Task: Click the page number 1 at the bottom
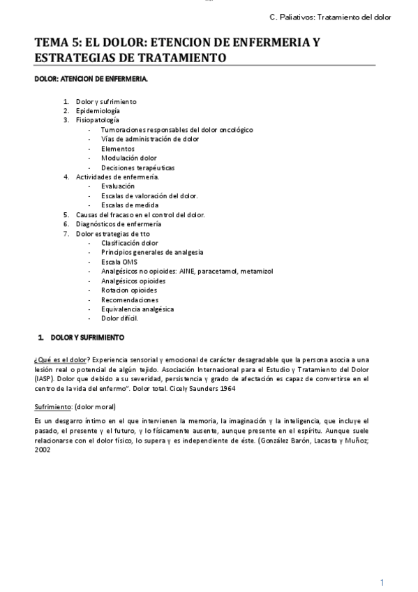coord(382,582)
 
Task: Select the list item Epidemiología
coord(98,111)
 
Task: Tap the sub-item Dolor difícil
coord(119,318)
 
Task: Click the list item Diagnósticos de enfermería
coord(119,224)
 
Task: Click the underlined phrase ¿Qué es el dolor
coord(61,358)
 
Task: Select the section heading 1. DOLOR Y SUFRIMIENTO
coord(82,338)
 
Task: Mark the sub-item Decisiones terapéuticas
coord(137,168)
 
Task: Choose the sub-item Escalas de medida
coord(129,205)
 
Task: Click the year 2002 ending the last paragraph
coord(42,450)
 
